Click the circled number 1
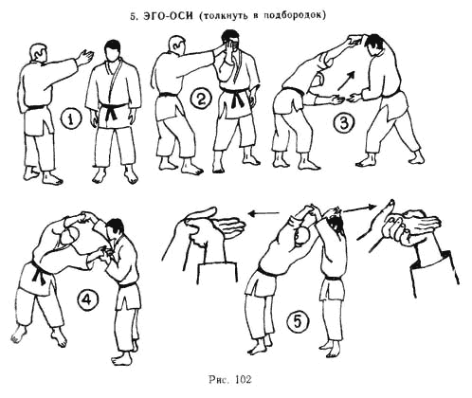(x=71, y=119)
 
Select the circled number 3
(x=344, y=122)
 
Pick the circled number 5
(x=297, y=321)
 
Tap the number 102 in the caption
(x=244, y=379)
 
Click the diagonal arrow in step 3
(x=346, y=81)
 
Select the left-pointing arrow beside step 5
(x=263, y=213)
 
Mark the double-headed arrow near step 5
(x=360, y=208)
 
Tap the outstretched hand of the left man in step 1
(x=85, y=57)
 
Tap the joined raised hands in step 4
(x=84, y=216)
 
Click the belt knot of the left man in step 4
(x=40, y=273)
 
